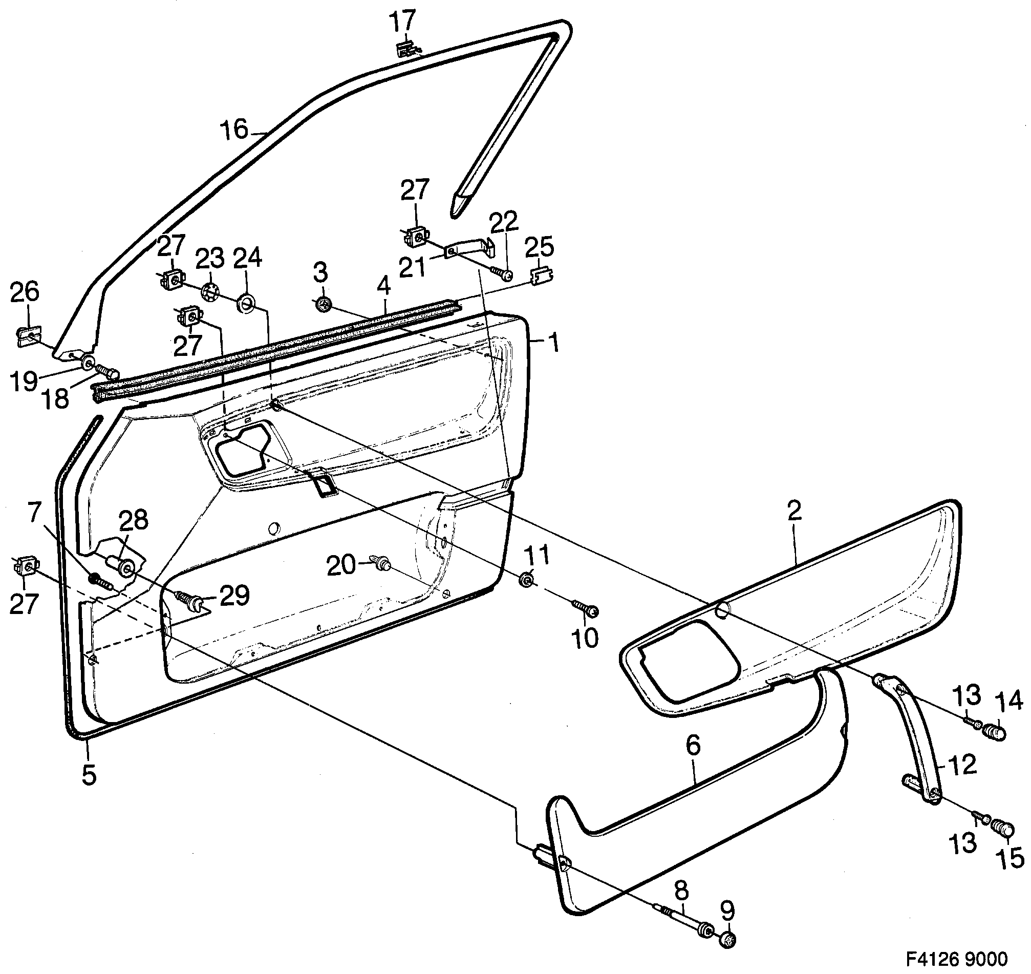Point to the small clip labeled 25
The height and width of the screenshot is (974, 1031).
542,276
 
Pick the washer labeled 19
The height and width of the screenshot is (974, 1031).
87,363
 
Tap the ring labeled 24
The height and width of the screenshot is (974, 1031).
246,303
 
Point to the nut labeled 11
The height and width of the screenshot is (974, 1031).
526,578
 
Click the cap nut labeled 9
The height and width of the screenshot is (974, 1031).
728,939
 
